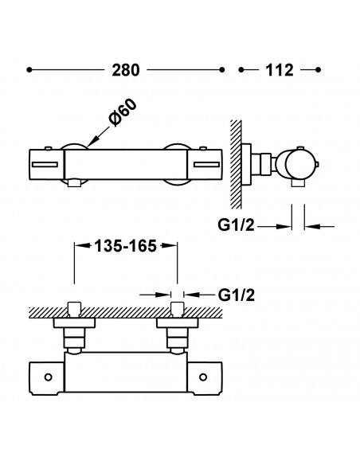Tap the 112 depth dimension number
coord(278,69)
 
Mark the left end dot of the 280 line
coord(29,70)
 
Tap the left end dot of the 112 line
coord(242,70)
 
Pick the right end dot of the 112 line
coord(319,70)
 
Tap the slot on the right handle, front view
coord(206,165)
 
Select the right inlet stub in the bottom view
coord(178,309)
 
